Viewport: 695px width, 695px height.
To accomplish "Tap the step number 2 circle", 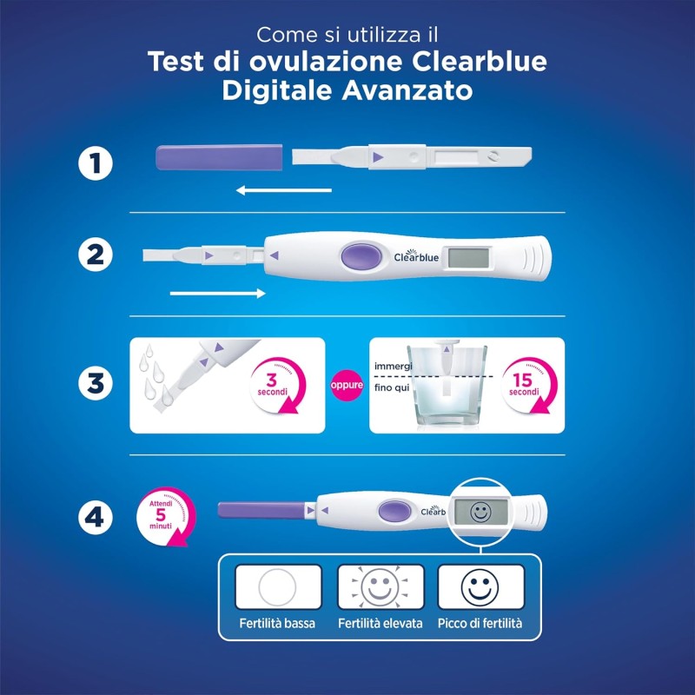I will (94, 255).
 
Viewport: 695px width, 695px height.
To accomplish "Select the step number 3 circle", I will (94, 383).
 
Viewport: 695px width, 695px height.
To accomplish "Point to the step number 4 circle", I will (94, 518).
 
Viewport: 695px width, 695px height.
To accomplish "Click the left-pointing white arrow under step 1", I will (283, 189).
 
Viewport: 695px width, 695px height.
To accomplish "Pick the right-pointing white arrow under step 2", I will (218, 294).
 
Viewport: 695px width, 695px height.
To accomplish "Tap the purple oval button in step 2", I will (359, 256).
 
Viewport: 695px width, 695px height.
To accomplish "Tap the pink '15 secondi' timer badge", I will (525, 384).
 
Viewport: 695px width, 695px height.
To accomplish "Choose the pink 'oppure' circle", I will (346, 385).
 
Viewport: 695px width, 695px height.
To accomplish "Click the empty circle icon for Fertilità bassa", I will (278, 586).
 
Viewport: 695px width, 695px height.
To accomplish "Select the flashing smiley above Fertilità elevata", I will (380, 586).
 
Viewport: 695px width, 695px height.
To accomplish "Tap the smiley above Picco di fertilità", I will (480, 586).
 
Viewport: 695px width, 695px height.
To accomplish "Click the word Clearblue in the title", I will (474, 63).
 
